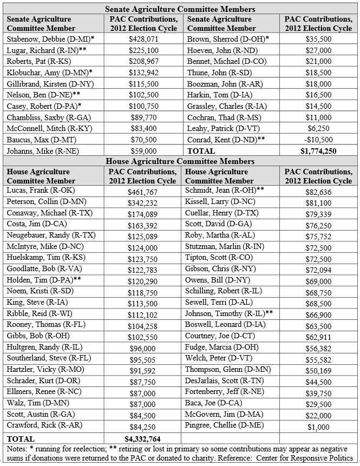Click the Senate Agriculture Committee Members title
click(180, 9)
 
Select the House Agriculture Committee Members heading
click(180, 161)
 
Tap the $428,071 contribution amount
click(143, 40)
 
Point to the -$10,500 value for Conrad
click(317, 140)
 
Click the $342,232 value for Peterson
click(144, 202)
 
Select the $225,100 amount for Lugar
click(143, 50)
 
